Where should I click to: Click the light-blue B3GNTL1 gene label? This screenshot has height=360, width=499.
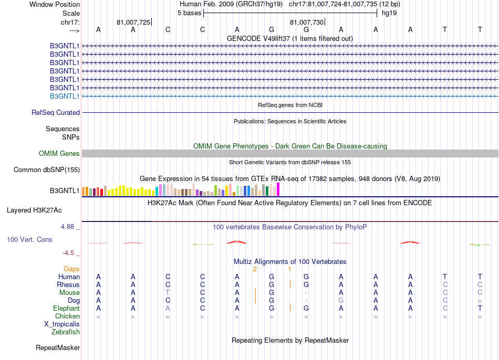(x=65, y=96)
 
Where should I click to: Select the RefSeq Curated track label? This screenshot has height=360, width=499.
(x=56, y=112)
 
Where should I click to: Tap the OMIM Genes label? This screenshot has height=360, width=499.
(x=59, y=153)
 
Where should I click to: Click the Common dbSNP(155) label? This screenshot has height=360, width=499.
(x=47, y=170)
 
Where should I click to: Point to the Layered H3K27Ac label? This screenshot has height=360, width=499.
(x=34, y=210)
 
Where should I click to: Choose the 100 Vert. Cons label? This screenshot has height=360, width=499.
(x=29, y=239)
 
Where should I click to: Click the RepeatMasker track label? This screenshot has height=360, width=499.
(x=58, y=347)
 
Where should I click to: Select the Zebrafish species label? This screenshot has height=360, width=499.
(x=66, y=332)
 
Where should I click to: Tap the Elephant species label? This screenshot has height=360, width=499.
(x=66, y=308)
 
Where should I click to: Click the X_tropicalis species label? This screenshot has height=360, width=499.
(x=62, y=324)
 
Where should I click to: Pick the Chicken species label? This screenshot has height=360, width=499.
(x=67, y=316)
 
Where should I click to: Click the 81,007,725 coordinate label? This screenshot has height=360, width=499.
(x=133, y=22)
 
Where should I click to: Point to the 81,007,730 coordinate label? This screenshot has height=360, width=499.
(x=307, y=22)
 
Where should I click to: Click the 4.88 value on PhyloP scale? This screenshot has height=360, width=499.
(x=68, y=227)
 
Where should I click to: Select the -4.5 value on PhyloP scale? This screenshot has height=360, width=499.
(x=68, y=252)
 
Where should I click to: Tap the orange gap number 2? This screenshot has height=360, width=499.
(x=255, y=269)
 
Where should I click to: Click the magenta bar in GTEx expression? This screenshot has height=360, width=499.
(x=278, y=189)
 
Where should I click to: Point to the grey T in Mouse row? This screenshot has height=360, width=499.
(x=168, y=292)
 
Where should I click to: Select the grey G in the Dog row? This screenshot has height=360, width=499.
(x=341, y=300)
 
